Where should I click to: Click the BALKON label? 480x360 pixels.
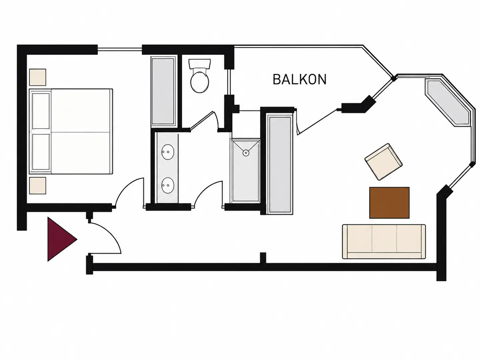pos(300,79)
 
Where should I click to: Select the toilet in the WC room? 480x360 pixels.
pos(199,76)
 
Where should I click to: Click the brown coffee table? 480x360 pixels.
pos(389,203)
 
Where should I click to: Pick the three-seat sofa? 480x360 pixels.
pos(384,242)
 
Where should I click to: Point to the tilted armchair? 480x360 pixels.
pos(384,162)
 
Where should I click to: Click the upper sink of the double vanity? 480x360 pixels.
pos(168,152)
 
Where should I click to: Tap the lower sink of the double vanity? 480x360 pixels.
pos(168,185)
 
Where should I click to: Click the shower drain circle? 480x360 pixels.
pos(246,153)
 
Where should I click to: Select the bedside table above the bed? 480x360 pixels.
pos(38,77)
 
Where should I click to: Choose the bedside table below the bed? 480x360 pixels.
pos(38,186)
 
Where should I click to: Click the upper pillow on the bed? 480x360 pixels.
pos(41,111)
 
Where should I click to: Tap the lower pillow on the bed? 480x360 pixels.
pos(41,152)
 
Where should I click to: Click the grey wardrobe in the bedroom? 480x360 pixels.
pos(163,91)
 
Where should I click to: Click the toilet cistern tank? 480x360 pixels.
pos(199,63)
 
